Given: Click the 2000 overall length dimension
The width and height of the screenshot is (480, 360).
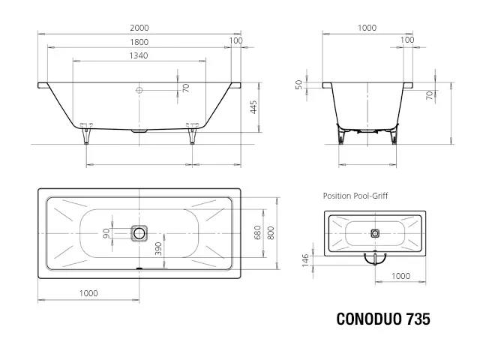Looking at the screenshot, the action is pos(139,28).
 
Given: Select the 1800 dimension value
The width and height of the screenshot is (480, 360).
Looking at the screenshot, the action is pos(139,42).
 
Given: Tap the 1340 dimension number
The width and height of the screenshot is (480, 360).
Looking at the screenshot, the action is pos(139,55).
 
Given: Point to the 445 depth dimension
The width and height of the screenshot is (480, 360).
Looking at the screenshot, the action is pos(253,107).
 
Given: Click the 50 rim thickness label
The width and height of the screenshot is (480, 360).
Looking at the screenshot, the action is pos(298,85).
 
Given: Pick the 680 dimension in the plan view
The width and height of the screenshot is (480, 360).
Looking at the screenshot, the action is pos(257,232).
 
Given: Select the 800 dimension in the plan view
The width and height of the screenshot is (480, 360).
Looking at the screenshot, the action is pos(271,232).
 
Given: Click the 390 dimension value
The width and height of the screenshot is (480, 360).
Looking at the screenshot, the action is pos(158,248).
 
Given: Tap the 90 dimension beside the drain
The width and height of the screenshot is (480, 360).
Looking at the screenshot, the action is pos(106,233).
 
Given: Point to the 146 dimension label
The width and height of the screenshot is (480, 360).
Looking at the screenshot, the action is pos(305,260).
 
